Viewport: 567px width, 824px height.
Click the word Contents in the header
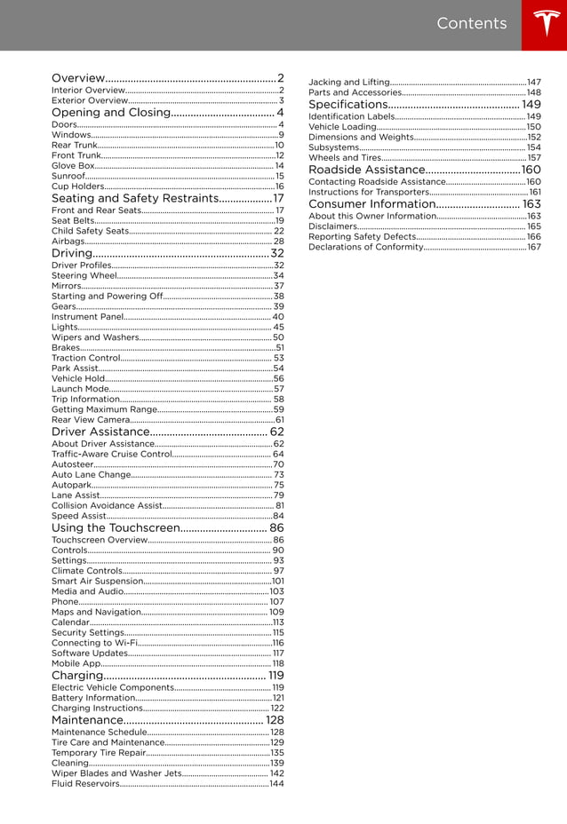(x=471, y=24)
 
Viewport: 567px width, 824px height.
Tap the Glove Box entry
(x=73, y=166)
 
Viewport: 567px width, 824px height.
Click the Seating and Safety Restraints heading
(x=134, y=198)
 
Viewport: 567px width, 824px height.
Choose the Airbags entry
(x=68, y=242)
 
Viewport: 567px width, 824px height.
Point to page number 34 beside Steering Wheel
(x=278, y=276)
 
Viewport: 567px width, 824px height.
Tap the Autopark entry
(x=71, y=486)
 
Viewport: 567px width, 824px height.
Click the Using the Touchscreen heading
(x=116, y=528)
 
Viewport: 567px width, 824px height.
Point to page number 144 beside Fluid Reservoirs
(x=277, y=784)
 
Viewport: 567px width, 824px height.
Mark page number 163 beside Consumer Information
(x=531, y=204)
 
